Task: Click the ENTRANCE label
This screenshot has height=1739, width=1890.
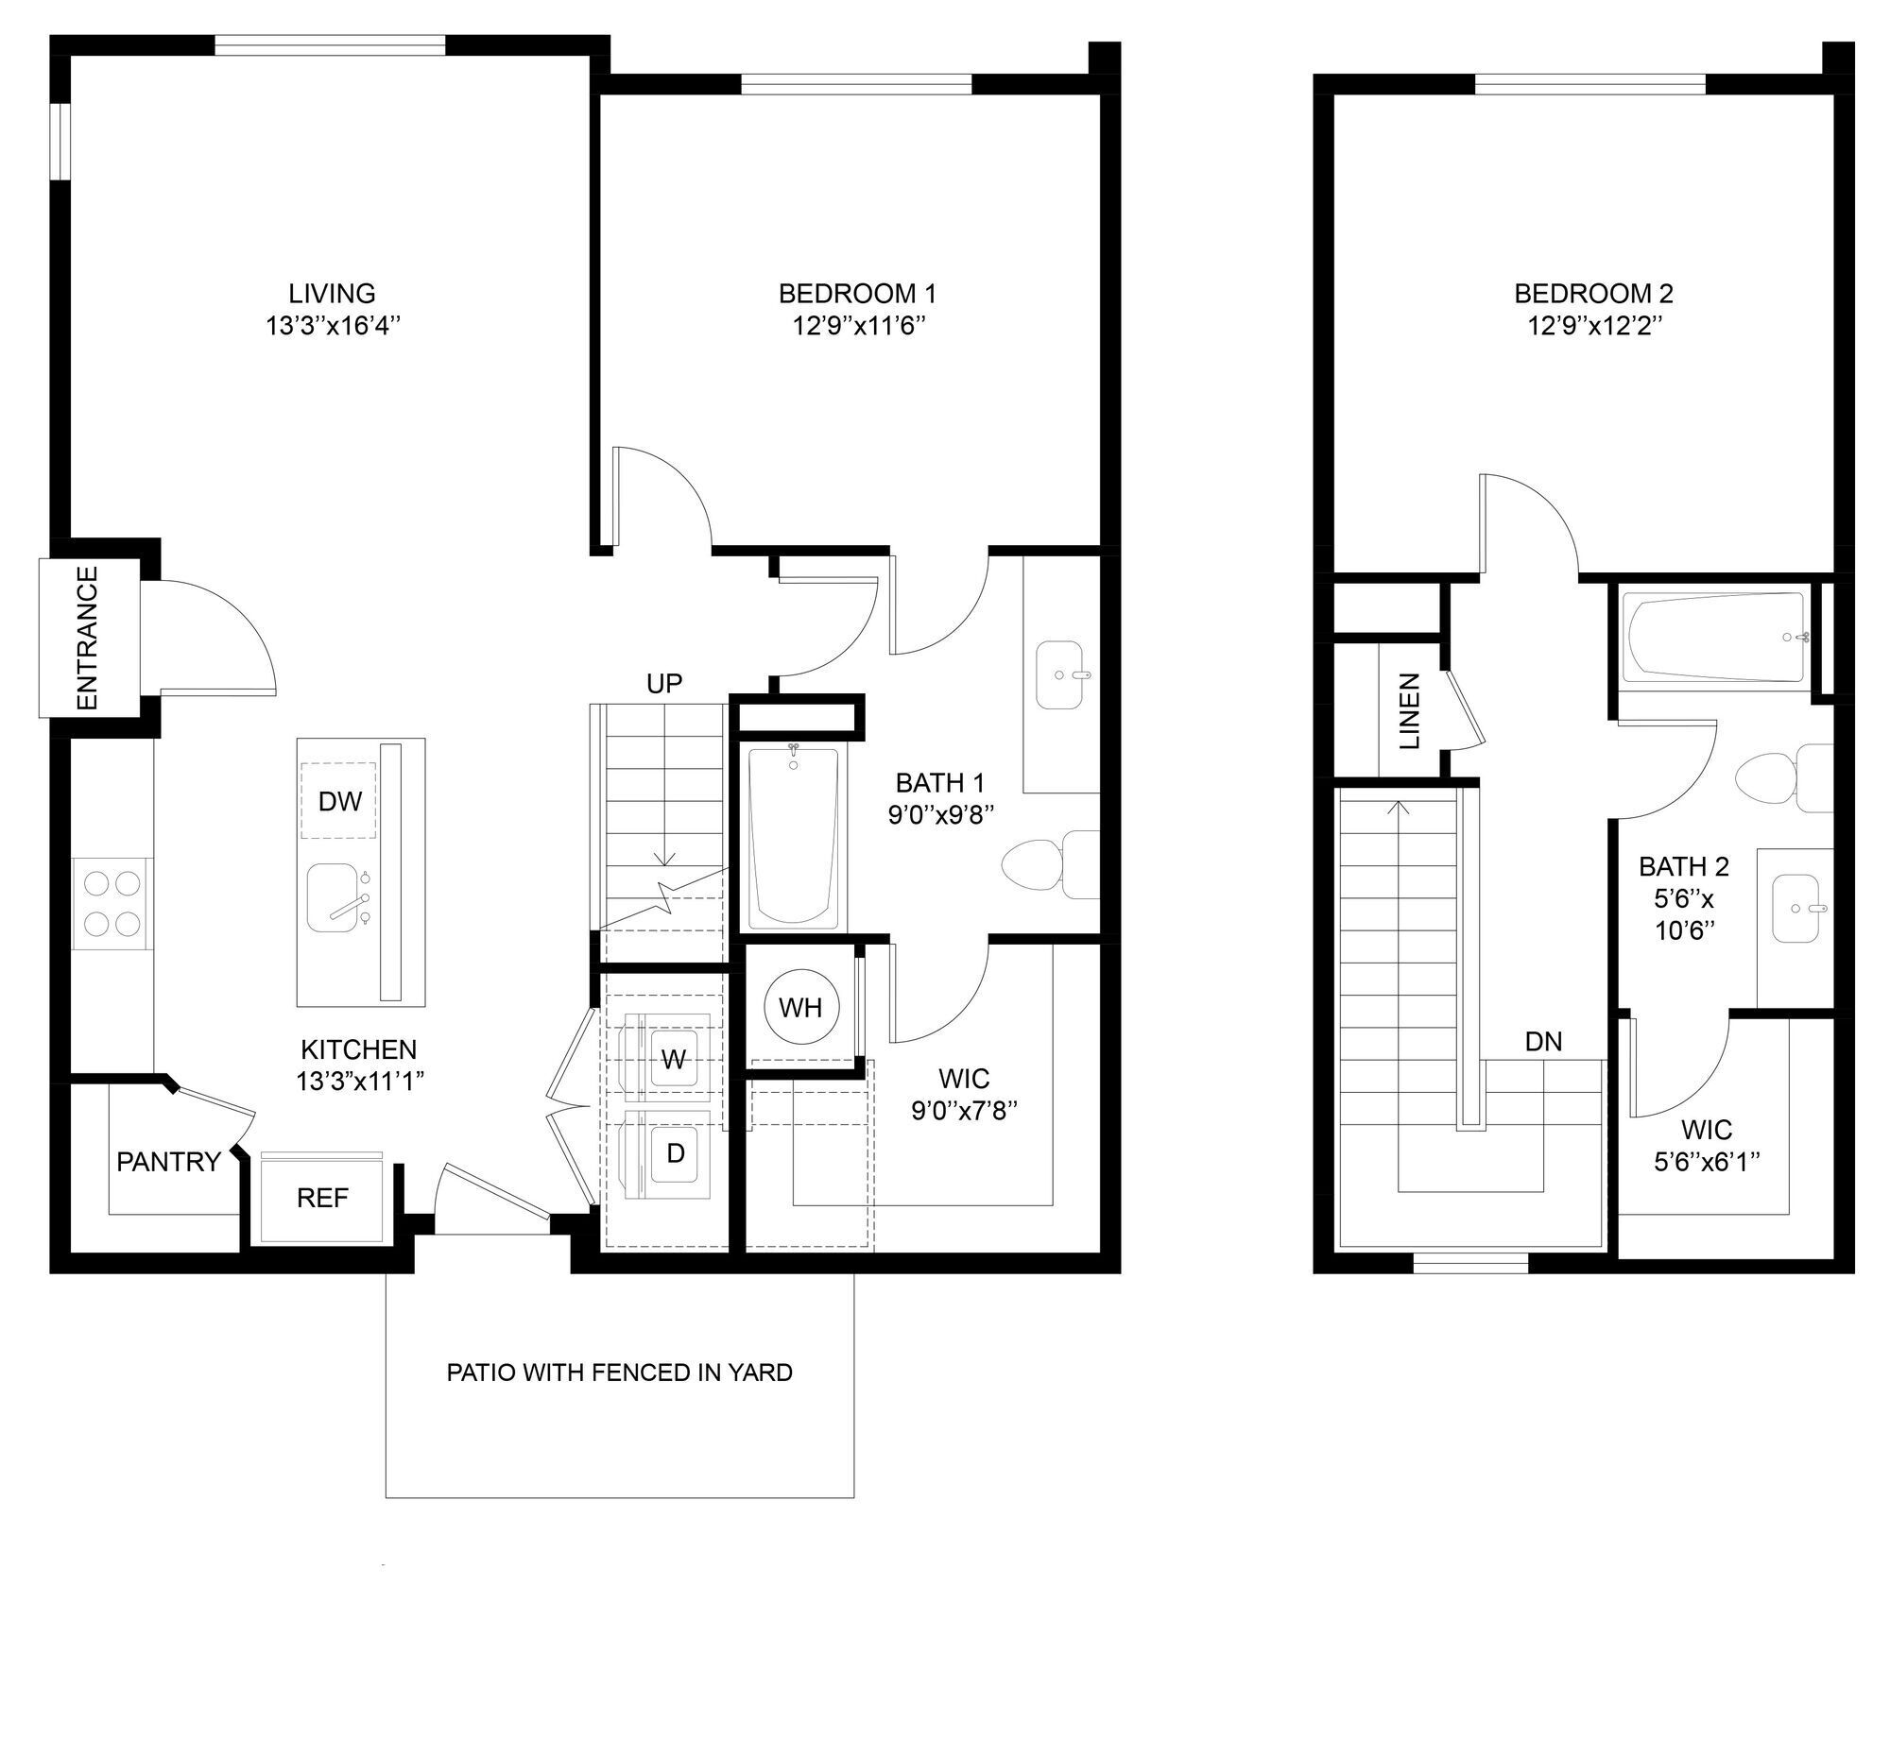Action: pos(86,638)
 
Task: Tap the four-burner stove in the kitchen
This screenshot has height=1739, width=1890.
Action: pos(112,902)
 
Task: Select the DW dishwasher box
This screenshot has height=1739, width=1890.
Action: pos(339,801)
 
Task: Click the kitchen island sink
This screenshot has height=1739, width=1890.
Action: pos(337,898)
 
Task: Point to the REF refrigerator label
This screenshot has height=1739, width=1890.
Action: pos(322,1198)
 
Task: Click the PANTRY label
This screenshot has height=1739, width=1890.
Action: pos(168,1162)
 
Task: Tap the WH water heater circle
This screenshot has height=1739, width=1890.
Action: pos(800,1007)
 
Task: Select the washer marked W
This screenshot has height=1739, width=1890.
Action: pos(673,1059)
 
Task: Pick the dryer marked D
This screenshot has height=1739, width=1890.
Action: pos(675,1152)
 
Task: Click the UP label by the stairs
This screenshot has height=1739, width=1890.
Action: pos(664,683)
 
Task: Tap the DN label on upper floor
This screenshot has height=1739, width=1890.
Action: pos(1543,1041)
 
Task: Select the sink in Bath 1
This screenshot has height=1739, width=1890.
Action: pos(1060,674)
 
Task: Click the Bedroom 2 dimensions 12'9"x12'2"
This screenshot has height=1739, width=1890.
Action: pos(1593,326)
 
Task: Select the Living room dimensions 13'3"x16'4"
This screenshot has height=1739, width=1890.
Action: pos(332,326)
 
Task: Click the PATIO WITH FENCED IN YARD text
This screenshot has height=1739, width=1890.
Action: pos(619,1372)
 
